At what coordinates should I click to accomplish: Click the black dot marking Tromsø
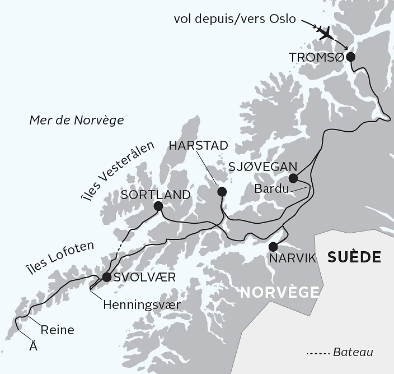pyautogui.click(x=351, y=57)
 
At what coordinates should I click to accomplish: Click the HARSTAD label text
pyautogui.click(x=198, y=146)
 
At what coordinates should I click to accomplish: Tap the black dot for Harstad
pyautogui.click(x=222, y=192)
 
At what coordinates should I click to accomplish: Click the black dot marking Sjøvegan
pyautogui.click(x=293, y=179)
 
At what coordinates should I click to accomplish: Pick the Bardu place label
pyautogui.click(x=271, y=188)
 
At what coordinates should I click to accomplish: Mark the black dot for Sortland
pyautogui.click(x=158, y=206)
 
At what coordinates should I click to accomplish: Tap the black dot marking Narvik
pyautogui.click(x=273, y=247)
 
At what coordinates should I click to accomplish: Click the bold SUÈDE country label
pyautogui.click(x=354, y=257)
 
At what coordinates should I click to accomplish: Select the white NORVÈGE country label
pyautogui.click(x=280, y=292)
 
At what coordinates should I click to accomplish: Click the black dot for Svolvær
pyautogui.click(x=107, y=278)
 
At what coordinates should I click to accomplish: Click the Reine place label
pyautogui.click(x=57, y=330)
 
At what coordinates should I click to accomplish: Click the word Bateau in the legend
pyautogui.click(x=353, y=353)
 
